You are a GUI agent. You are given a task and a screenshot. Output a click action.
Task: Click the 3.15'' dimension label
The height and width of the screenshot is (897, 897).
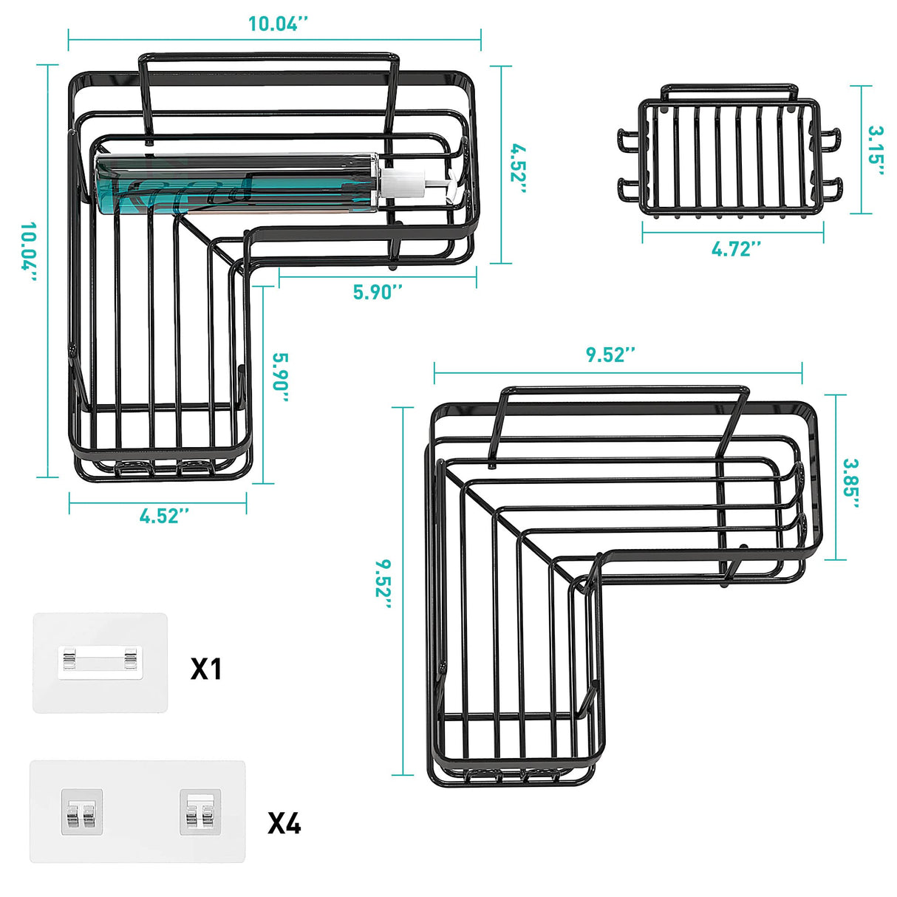coord(876,151)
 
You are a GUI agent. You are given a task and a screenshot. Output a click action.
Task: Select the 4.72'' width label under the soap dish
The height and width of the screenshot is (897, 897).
coord(736,249)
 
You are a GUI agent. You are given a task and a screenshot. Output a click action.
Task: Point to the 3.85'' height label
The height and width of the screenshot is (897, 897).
coord(852,484)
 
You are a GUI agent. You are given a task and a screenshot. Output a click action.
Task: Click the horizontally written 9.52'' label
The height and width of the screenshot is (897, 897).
coord(611,355)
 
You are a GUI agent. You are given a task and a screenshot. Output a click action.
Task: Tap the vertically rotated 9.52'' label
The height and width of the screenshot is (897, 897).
coord(383,584)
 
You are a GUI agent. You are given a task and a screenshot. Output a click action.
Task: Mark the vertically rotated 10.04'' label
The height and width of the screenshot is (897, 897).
coord(29,252)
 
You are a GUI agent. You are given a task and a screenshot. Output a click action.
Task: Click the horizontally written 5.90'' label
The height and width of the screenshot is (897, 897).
coord(378,292)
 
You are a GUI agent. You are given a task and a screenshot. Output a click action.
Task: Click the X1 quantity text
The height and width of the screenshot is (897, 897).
coord(206,669)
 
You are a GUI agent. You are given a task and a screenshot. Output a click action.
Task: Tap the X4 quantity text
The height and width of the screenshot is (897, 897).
coord(284,822)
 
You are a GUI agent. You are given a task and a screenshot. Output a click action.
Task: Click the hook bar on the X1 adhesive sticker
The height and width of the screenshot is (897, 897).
coord(100,659)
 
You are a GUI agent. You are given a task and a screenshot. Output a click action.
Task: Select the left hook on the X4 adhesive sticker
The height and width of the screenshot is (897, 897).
coord(82,812)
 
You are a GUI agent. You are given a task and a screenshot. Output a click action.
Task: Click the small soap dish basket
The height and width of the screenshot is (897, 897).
coord(729,159)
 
